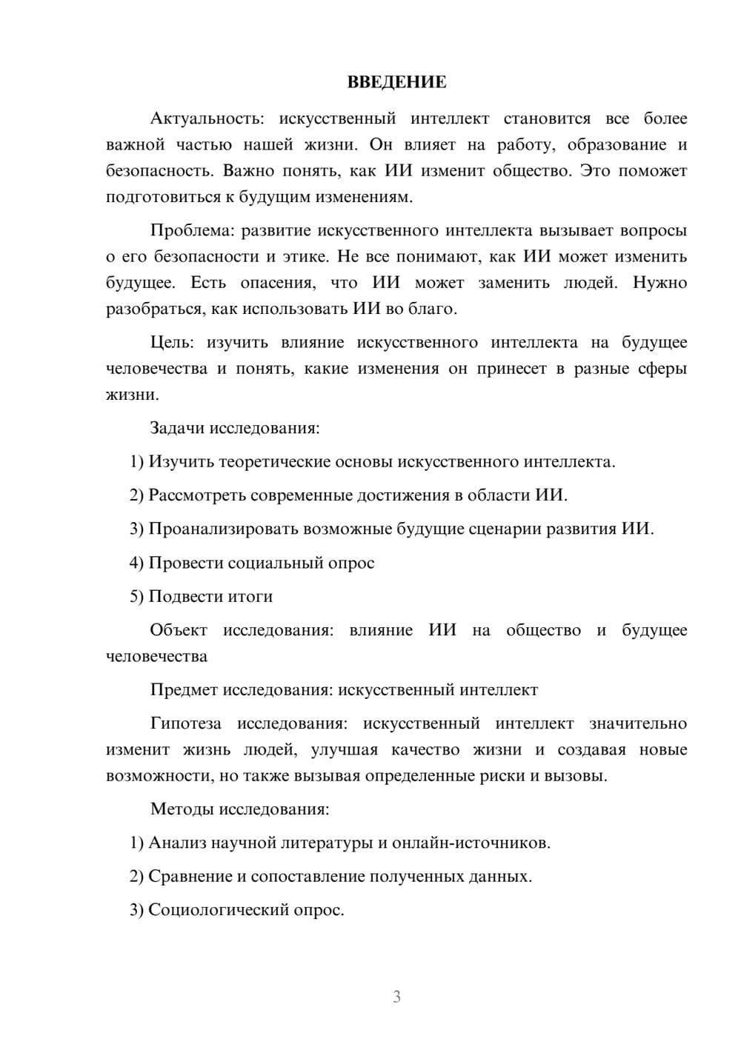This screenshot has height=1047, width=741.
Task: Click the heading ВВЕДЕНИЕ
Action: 396,82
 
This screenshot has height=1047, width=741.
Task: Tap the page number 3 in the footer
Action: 396,997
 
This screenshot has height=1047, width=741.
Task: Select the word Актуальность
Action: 205,118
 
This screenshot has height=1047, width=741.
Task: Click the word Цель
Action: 172,342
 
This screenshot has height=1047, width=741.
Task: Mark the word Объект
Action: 179,630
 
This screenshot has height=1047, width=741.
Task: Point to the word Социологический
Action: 216,909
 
